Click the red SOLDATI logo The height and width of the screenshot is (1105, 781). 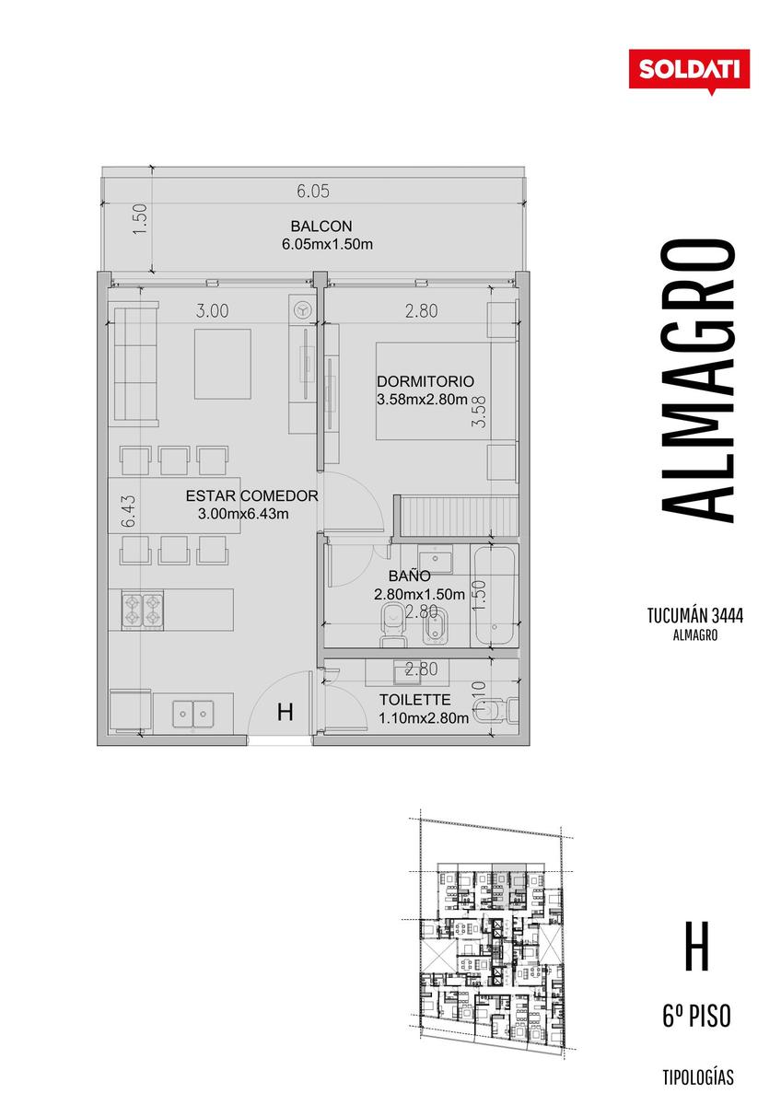pyautogui.click(x=689, y=70)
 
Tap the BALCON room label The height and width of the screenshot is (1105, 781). pyautogui.click(x=321, y=227)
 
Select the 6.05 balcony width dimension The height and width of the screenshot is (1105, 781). pyautogui.click(x=313, y=191)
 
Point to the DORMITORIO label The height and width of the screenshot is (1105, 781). pyautogui.click(x=425, y=381)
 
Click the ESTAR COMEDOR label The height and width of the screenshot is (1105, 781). pyautogui.click(x=251, y=495)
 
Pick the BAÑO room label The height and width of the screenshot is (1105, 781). pyautogui.click(x=410, y=576)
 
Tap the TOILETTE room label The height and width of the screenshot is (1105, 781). pyautogui.click(x=415, y=700)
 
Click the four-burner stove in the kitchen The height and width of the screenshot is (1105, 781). pyautogui.click(x=143, y=611)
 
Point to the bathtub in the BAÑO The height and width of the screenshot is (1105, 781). pyautogui.click(x=495, y=596)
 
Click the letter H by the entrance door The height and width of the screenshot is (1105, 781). pyautogui.click(x=286, y=712)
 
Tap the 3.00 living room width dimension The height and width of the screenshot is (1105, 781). pyautogui.click(x=212, y=311)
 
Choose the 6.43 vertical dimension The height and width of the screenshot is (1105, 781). pyautogui.click(x=128, y=512)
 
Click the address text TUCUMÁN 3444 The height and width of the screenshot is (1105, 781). pyautogui.click(x=695, y=616)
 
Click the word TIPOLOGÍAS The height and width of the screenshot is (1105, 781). pyautogui.click(x=698, y=1077)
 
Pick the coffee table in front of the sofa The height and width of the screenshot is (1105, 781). pyautogui.click(x=223, y=364)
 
